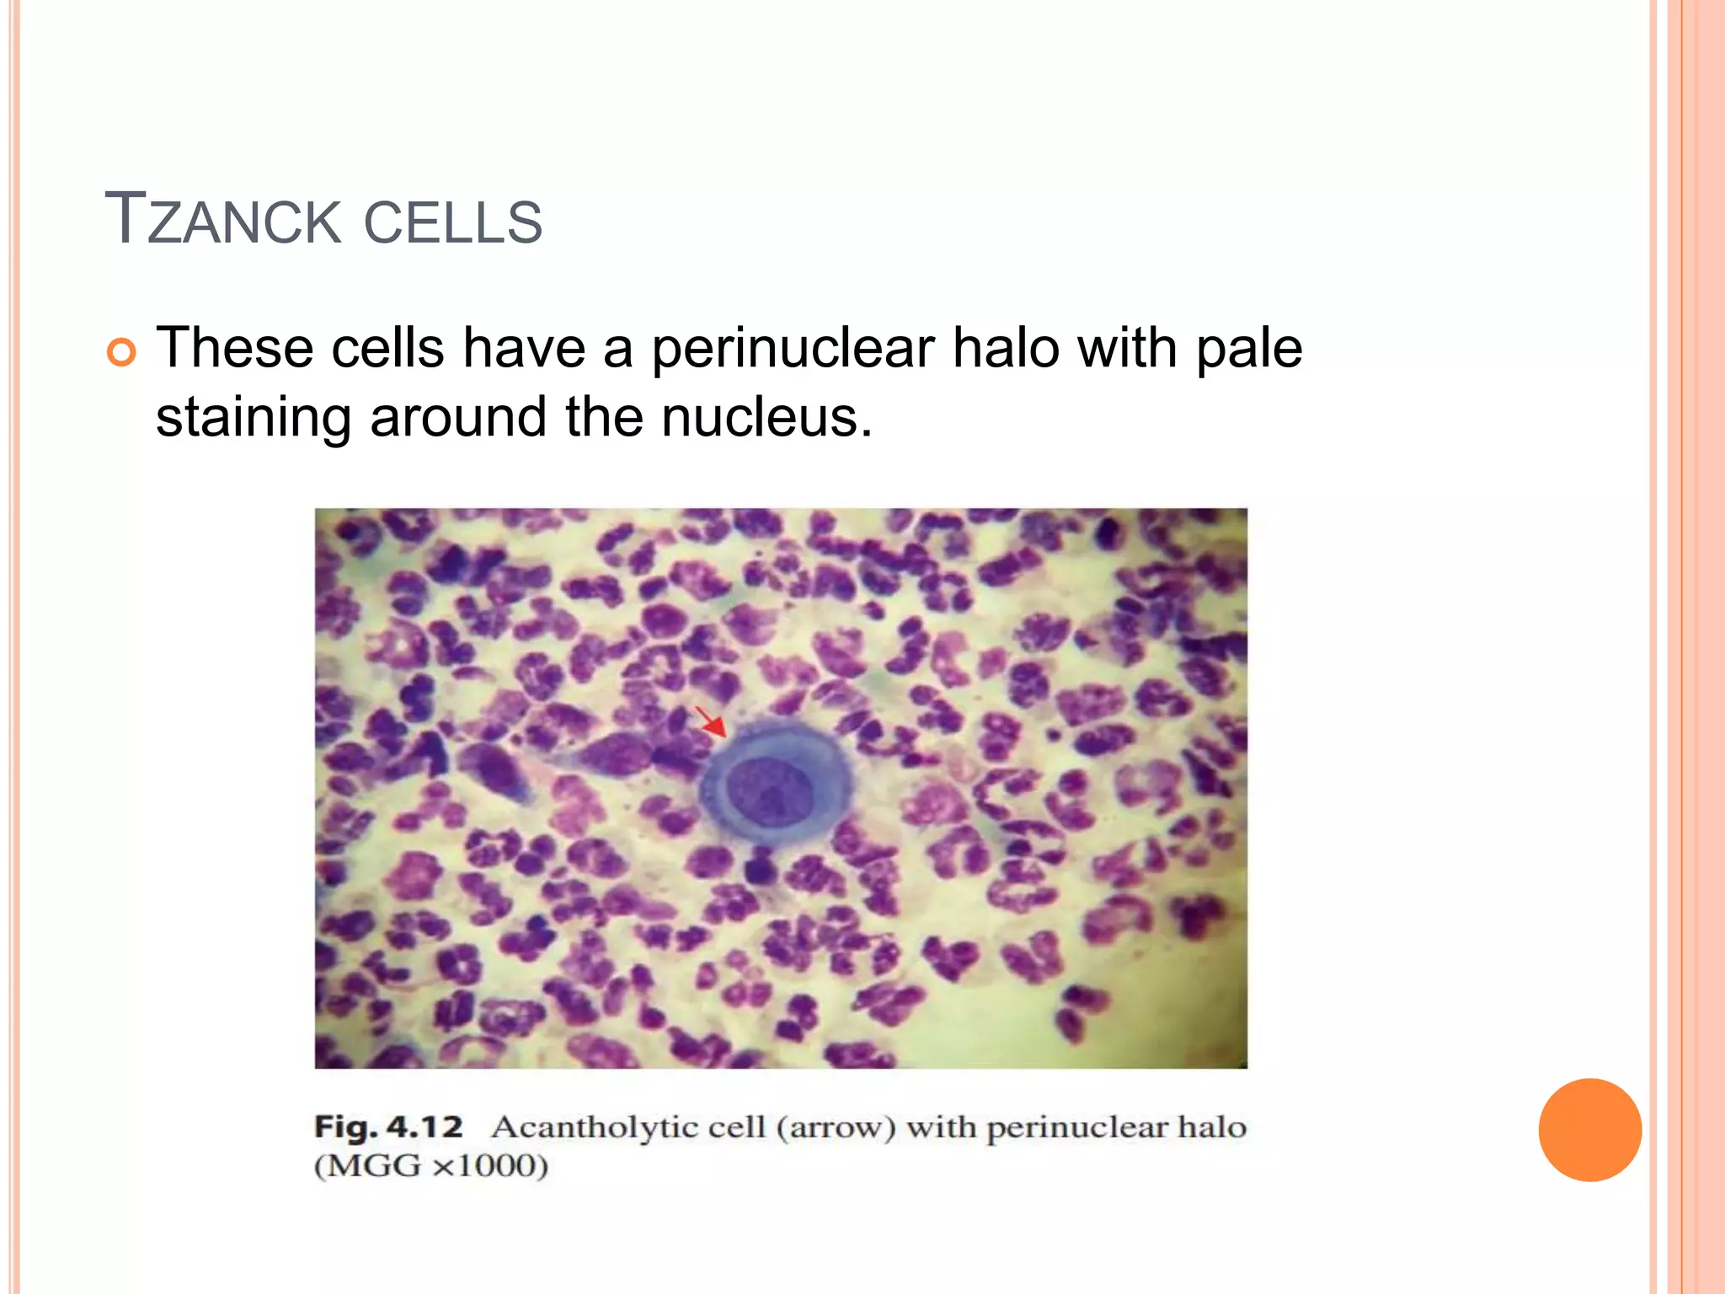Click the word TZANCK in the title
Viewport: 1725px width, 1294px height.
pyautogui.click(x=222, y=221)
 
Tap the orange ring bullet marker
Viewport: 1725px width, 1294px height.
pyautogui.click(x=122, y=352)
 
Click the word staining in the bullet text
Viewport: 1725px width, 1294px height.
pyautogui.click(x=254, y=418)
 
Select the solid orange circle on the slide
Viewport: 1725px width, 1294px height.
pyautogui.click(x=1589, y=1130)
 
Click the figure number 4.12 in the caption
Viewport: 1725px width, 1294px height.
pyautogui.click(x=425, y=1126)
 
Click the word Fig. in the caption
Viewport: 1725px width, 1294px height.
pyautogui.click(x=346, y=1126)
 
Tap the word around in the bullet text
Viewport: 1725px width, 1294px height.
pyautogui.click(x=458, y=417)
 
